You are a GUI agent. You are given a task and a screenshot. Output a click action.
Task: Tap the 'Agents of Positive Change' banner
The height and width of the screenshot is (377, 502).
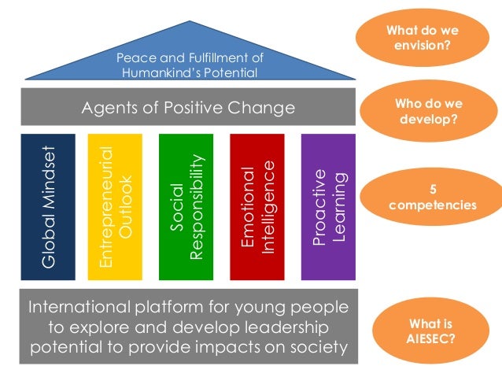click(189, 107)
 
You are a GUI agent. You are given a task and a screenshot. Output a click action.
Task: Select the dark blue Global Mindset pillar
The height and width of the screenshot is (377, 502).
click(48, 207)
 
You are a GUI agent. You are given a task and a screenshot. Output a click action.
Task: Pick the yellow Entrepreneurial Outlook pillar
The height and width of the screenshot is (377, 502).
click(119, 207)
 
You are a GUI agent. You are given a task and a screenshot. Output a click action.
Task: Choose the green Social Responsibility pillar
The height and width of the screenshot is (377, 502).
click(186, 207)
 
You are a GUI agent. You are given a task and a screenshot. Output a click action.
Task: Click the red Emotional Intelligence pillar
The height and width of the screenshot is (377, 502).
click(257, 207)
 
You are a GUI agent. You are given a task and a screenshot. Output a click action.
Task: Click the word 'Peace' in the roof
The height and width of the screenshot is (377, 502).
click(132, 58)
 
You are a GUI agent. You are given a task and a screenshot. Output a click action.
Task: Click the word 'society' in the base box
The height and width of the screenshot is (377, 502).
click(316, 347)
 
